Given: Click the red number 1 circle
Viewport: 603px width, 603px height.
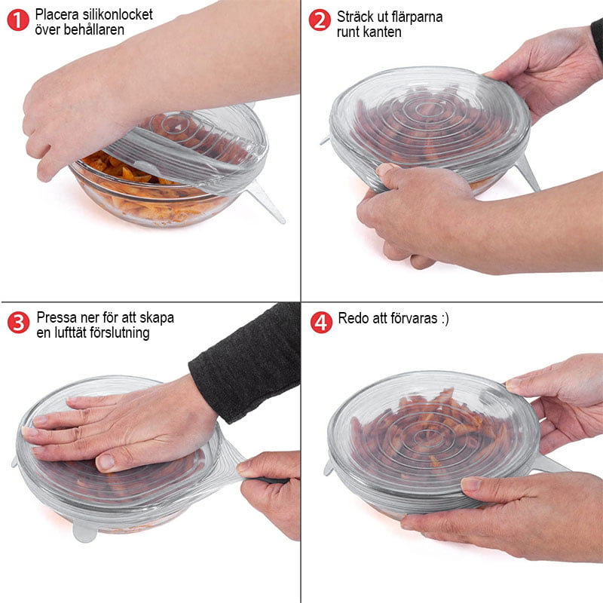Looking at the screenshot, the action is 18,20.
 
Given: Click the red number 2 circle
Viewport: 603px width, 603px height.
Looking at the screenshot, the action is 320,20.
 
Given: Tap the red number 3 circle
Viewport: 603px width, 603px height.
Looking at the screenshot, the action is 18,323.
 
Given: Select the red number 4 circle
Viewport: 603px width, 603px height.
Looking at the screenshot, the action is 321,323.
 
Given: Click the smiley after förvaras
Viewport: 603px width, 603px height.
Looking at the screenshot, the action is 445,319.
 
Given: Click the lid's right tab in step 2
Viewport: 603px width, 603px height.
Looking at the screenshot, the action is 527,173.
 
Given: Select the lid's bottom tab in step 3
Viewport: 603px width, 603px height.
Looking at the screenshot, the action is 84,531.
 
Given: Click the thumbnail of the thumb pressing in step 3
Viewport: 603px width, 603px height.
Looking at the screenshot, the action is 106,461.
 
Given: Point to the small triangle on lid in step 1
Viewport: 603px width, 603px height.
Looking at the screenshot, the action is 179,127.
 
